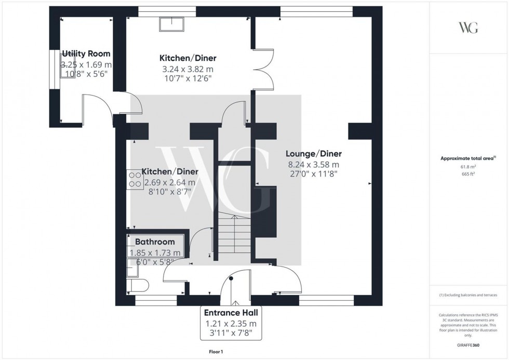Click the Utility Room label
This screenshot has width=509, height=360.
pos(86,54)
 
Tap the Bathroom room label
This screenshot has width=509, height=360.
pos(155,242)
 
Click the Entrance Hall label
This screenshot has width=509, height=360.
pos(231,313)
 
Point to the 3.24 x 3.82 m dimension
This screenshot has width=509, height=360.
pos(187,69)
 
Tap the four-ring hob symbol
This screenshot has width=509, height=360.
pos(135,179)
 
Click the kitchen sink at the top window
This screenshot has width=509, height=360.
pos(172,24)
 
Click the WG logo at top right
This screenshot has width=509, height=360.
pos(468,28)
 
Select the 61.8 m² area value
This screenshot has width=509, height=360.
pos(468,167)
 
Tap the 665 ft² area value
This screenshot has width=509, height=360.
pos(468,174)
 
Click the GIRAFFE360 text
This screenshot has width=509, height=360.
pos(468,345)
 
